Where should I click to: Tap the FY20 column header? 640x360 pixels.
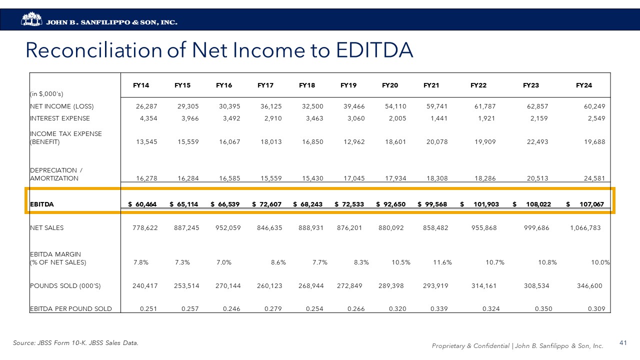(x=390, y=85)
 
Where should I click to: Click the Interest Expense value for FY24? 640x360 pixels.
(x=595, y=118)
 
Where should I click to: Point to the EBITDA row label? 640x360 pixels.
(x=42, y=204)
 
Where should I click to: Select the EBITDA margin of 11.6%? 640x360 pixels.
(x=442, y=262)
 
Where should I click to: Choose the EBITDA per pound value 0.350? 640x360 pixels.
(x=543, y=309)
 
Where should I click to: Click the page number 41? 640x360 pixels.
(x=623, y=343)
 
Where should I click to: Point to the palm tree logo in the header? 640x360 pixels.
(x=32, y=19)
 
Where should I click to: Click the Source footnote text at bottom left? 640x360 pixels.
(x=75, y=343)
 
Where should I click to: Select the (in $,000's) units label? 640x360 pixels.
(x=46, y=93)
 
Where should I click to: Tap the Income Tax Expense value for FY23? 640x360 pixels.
(x=537, y=142)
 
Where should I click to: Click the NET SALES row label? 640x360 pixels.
(x=47, y=228)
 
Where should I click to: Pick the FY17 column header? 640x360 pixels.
(x=265, y=85)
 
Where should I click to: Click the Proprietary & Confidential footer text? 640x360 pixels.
(x=517, y=346)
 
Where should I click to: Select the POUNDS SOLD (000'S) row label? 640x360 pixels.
(x=65, y=286)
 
